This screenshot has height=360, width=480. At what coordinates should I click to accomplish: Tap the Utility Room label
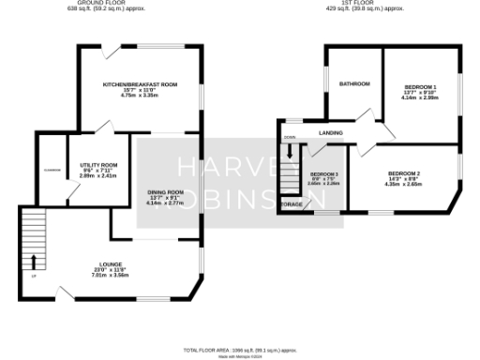point(98,164)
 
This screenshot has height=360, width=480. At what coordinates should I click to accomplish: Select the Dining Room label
point(165,192)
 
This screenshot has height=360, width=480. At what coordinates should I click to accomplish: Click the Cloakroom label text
point(52,170)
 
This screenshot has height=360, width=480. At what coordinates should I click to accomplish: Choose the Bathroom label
point(354,84)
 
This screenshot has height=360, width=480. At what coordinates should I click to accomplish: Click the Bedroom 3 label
point(323,174)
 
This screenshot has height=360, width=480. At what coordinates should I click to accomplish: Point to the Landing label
point(330,133)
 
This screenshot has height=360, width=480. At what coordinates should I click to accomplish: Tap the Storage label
point(291,203)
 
